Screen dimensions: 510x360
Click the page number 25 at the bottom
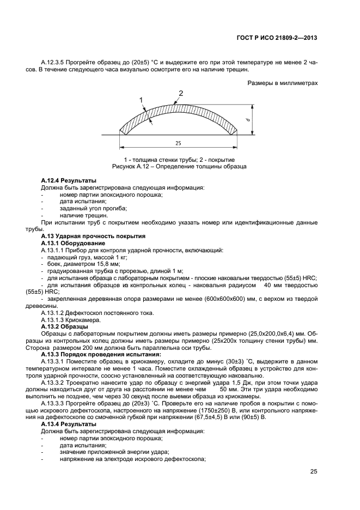(x=314, y=471)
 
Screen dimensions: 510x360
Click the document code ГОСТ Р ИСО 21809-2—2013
(x=277, y=38)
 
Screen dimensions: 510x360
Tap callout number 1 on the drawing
(x=141, y=100)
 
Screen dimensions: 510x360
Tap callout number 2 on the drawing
(x=181, y=93)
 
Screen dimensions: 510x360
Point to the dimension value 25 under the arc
(x=178, y=143)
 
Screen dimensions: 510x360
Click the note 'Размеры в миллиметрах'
(x=282, y=83)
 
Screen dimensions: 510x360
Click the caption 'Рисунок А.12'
(x=130, y=166)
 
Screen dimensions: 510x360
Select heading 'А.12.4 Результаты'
(x=69, y=180)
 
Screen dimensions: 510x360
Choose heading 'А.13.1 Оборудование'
(x=72, y=243)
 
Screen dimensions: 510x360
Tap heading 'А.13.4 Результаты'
(x=69, y=423)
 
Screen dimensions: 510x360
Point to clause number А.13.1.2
(x=55, y=312)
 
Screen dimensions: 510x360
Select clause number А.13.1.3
(x=55, y=319)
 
